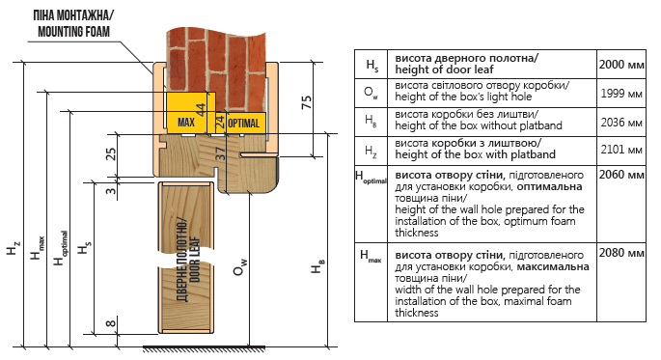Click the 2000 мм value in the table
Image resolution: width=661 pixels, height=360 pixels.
621,65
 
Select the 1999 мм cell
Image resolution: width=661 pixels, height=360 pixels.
621,93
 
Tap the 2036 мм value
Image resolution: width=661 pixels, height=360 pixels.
621,123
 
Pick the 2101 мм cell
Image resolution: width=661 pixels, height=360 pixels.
621,150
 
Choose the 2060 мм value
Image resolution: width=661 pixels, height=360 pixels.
621,174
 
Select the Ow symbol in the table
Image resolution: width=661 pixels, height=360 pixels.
371,93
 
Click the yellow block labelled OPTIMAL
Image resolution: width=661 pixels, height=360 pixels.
244,124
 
